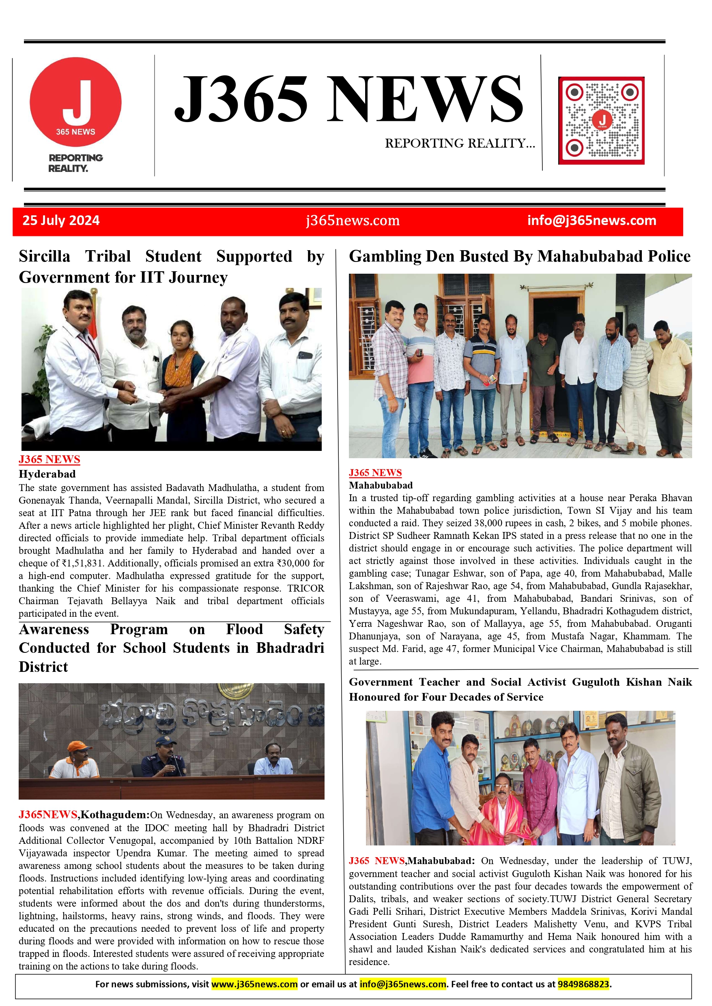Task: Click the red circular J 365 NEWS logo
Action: click(x=75, y=102)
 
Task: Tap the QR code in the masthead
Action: click(x=601, y=120)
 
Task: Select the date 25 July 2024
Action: click(x=61, y=221)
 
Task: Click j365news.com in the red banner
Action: click(x=353, y=221)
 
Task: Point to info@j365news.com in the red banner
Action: click(x=592, y=221)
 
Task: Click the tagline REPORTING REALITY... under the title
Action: click(x=460, y=143)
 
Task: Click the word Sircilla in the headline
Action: click(x=44, y=256)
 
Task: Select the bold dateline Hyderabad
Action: click(x=47, y=474)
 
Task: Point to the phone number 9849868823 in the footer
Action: click(x=583, y=984)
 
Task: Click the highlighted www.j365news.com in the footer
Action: click(x=254, y=984)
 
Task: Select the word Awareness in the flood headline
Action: click(x=54, y=630)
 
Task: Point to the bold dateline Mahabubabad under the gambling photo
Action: click(x=381, y=485)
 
